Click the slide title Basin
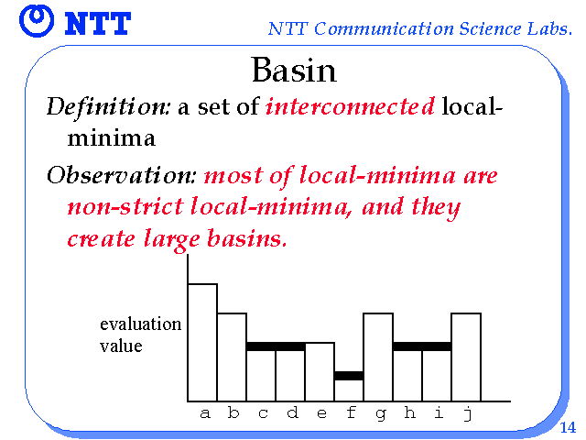click(294, 70)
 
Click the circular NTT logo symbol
click(37, 20)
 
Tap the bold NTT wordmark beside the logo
click(98, 23)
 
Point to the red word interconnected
click(350, 106)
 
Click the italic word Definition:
click(108, 107)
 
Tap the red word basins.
click(247, 238)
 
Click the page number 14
click(568, 427)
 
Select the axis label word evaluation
click(140, 324)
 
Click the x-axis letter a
click(205, 413)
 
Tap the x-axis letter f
click(351, 412)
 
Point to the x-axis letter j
click(468, 413)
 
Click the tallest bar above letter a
click(202, 342)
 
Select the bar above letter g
click(378, 357)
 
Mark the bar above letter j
click(466, 357)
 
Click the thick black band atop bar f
click(349, 376)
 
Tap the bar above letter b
click(232, 357)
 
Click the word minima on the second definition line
click(112, 138)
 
